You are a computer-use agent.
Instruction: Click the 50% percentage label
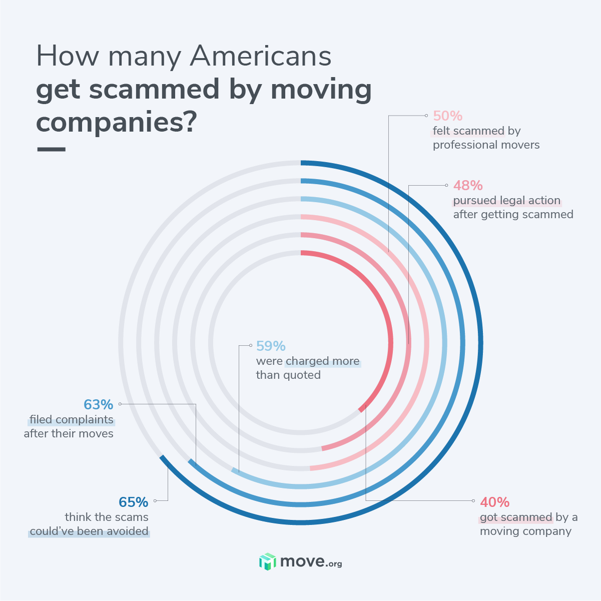click(x=447, y=116)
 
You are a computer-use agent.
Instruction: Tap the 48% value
click(x=468, y=186)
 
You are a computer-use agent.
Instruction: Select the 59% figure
click(x=271, y=346)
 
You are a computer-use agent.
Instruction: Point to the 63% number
click(x=99, y=404)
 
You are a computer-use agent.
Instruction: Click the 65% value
click(x=134, y=502)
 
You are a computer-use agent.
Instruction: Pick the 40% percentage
click(x=494, y=502)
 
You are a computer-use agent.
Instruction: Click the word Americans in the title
click(x=261, y=57)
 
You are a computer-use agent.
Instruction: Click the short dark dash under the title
click(x=51, y=149)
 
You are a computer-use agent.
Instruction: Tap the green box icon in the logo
click(x=267, y=561)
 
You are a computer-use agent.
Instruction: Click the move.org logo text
click(x=311, y=562)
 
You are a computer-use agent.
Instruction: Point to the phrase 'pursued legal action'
click(x=506, y=201)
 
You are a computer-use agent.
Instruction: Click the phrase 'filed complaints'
click(x=72, y=420)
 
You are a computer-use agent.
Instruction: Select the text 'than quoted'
click(x=288, y=375)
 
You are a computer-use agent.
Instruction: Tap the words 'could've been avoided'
click(x=89, y=531)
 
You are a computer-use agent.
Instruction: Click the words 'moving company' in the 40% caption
click(x=525, y=531)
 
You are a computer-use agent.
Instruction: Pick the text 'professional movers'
click(x=486, y=145)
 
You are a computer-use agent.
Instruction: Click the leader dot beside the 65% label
click(x=155, y=500)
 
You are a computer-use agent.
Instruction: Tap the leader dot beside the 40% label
click(x=473, y=500)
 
